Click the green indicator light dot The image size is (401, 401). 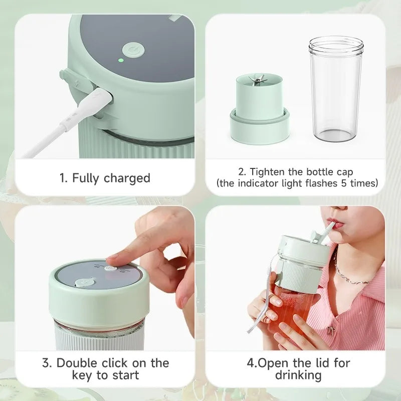(121, 61)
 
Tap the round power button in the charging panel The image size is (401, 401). (133, 50)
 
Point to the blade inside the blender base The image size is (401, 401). (258, 80)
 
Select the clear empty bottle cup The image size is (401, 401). (336, 89)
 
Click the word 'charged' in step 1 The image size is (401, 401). (127, 178)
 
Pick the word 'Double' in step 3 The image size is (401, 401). (77, 363)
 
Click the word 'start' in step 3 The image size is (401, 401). (125, 375)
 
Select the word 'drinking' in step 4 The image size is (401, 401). (298, 375)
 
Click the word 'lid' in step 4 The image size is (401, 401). (321, 363)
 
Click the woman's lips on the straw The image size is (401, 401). (337, 223)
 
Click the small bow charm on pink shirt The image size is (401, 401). (331, 330)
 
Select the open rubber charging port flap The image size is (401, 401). (74, 85)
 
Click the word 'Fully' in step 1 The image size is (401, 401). (85, 178)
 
